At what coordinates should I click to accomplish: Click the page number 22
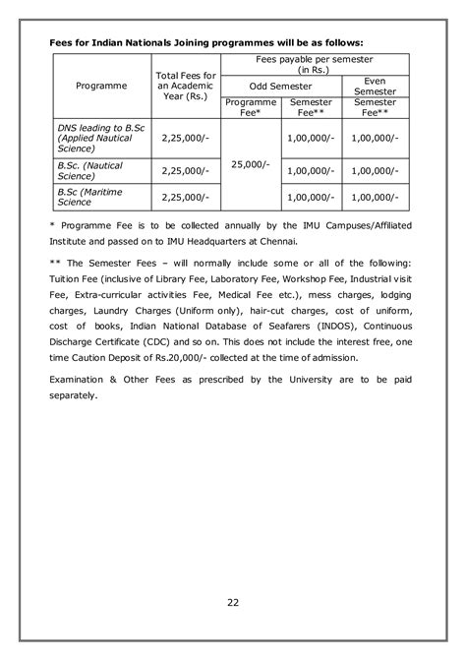pyautogui.click(x=232, y=603)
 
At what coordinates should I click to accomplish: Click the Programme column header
pyautogui.click(x=101, y=87)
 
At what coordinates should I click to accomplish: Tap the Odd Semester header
pyautogui.click(x=279, y=86)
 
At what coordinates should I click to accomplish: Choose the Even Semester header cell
pyautogui.click(x=374, y=86)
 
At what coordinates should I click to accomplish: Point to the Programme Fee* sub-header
pyautogui.click(x=251, y=107)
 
